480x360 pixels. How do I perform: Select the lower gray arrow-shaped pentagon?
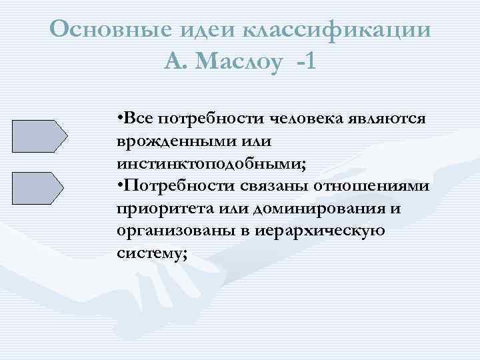click(38, 187)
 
